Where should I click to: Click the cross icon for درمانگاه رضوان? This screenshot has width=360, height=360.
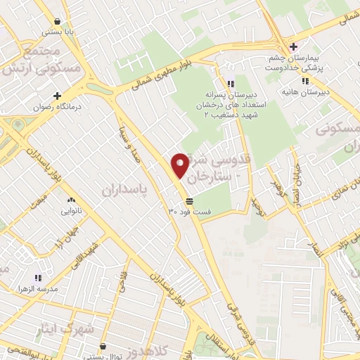click(57, 96)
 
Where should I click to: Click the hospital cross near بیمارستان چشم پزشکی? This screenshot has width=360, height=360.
click(293, 46)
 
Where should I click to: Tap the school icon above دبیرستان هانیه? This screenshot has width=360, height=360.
click(304, 81)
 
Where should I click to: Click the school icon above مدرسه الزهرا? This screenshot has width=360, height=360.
click(37, 277)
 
